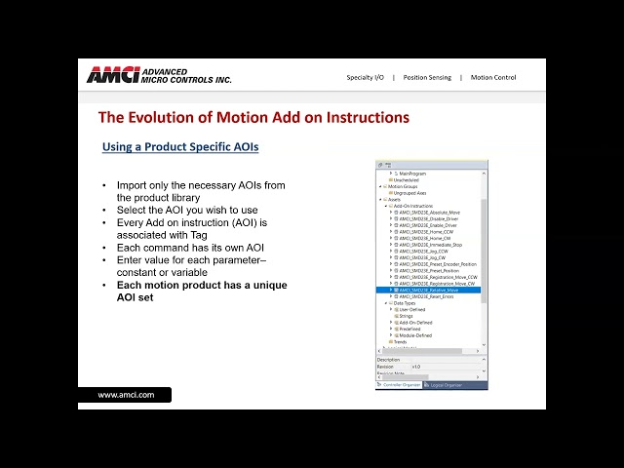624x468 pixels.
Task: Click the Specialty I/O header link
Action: pos(365,78)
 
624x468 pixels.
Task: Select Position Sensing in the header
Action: pos(427,78)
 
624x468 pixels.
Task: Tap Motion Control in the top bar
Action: pos(493,78)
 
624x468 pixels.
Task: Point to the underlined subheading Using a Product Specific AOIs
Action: pos(180,147)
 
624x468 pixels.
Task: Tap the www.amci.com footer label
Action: pos(126,395)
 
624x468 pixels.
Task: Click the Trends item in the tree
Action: pos(400,342)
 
